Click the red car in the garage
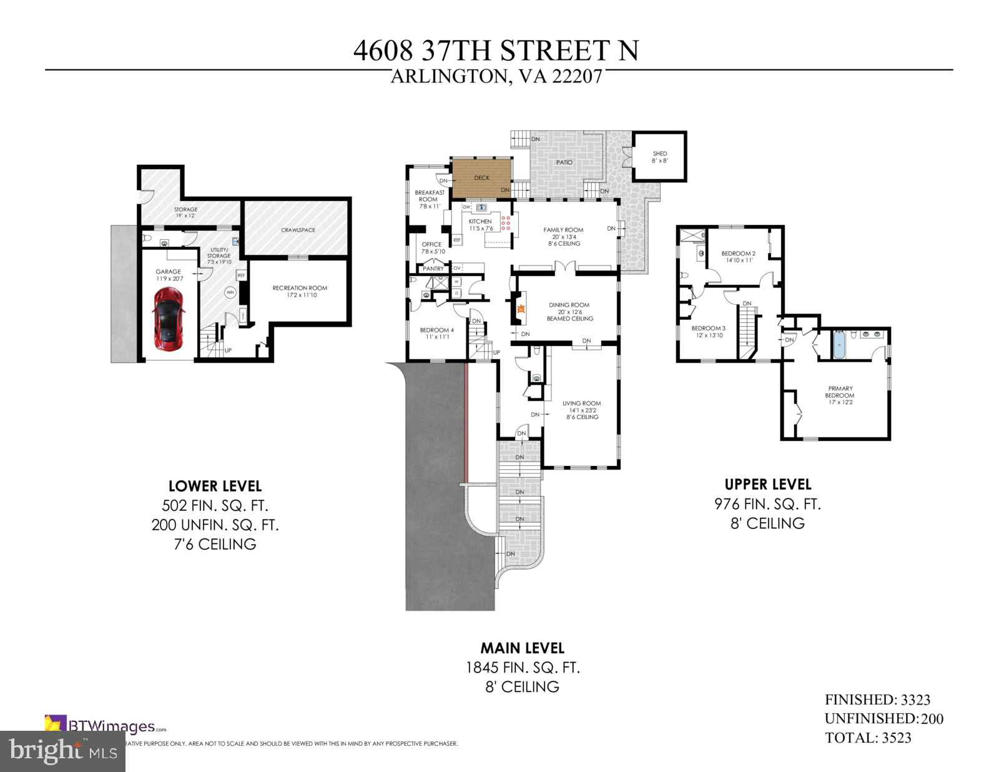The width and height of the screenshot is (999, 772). [x=169, y=319]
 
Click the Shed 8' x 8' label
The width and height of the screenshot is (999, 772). [x=660, y=157]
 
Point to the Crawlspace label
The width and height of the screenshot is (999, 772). [x=298, y=230]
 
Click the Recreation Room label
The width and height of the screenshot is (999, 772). [x=300, y=291]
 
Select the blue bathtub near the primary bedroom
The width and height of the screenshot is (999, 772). [x=840, y=345]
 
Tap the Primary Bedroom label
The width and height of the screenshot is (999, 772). [x=840, y=395]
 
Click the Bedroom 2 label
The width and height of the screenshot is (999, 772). [x=739, y=256]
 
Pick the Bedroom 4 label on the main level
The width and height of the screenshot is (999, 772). [x=437, y=333]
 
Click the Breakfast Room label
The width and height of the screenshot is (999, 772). [x=430, y=199]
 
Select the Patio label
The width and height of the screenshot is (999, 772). [x=564, y=162]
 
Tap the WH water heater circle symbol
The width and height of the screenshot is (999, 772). [x=230, y=292]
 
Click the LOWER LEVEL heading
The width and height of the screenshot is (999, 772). [x=215, y=486]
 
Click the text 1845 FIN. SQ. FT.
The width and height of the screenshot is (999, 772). [x=523, y=668]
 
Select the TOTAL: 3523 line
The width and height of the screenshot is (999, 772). [x=868, y=738]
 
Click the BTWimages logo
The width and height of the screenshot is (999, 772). [x=106, y=726]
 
